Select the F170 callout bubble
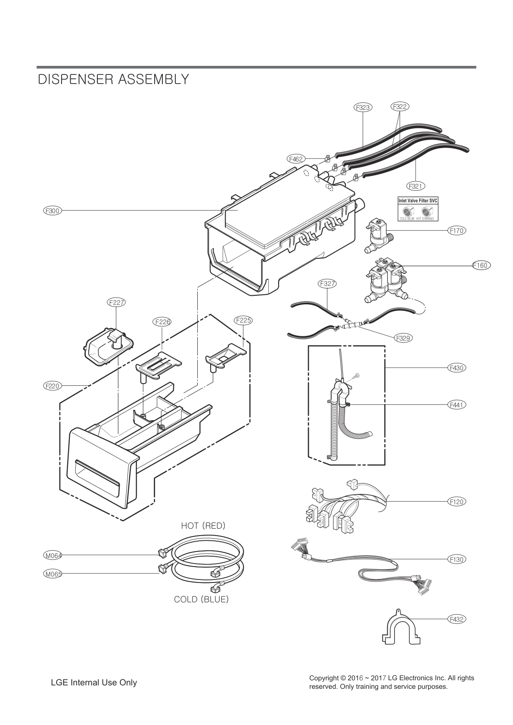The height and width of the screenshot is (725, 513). tap(456, 230)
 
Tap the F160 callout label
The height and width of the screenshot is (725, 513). tap(480, 265)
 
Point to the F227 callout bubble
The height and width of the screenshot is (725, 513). tap(116, 302)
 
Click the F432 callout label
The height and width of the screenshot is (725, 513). tap(456, 619)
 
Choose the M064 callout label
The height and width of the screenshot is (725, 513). tap(53, 555)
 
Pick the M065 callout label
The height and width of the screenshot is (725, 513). tap(53, 573)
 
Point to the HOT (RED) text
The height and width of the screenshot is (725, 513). tap(203, 526)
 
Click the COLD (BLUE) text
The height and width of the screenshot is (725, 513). tap(201, 599)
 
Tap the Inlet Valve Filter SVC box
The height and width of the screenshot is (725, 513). tap(417, 209)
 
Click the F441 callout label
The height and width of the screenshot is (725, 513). tap(456, 405)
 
